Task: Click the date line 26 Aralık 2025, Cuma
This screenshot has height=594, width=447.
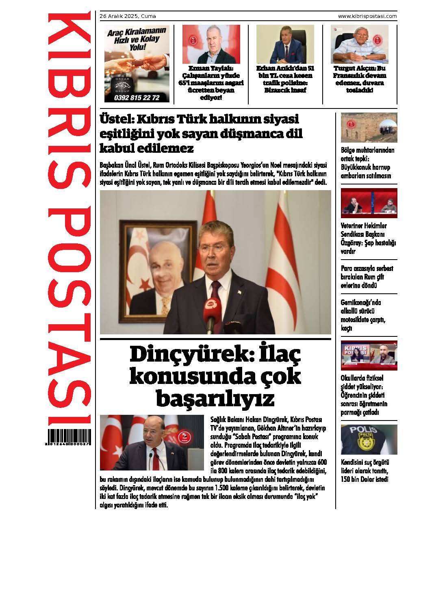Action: (128, 16)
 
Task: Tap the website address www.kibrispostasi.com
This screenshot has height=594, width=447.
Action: (367, 16)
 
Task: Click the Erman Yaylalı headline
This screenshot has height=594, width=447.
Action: (211, 83)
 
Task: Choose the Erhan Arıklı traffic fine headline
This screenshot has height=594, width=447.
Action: (285, 79)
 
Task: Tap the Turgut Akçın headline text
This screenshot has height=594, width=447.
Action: (360, 79)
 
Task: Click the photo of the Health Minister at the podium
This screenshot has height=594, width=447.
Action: (152, 442)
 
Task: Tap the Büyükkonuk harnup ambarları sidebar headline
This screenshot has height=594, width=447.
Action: (367, 163)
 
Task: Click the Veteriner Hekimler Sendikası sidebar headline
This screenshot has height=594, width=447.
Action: (368, 238)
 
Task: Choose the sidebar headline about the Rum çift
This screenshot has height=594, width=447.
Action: (367, 277)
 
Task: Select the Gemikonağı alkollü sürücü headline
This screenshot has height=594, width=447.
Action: (363, 315)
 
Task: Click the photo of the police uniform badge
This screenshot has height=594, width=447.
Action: (369, 440)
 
